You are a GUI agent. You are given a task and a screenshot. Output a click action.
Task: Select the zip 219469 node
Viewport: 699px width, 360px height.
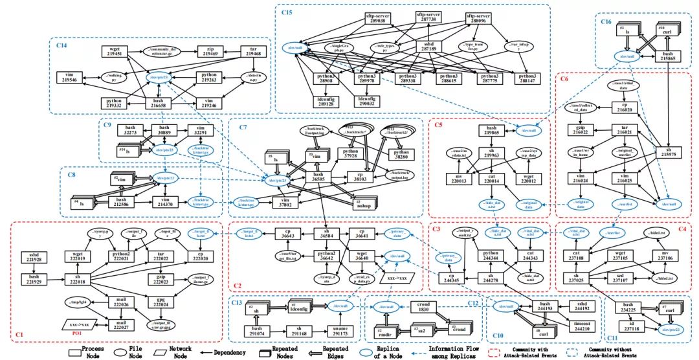[x=212, y=52]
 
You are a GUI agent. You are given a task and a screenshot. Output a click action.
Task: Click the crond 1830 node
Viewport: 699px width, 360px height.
[x=423, y=308]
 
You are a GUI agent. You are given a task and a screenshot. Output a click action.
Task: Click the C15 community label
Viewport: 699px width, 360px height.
[x=287, y=12]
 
